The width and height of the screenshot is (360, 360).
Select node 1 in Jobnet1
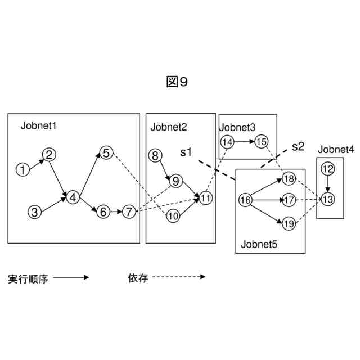click(x=22, y=169)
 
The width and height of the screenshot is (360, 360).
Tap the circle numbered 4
click(x=73, y=197)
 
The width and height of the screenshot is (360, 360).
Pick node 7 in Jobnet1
click(x=129, y=212)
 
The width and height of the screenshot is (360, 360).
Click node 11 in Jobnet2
click(x=205, y=197)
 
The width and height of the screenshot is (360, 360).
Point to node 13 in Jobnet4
click(x=328, y=199)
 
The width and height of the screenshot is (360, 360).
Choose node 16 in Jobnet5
click(x=245, y=200)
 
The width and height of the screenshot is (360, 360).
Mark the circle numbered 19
click(x=287, y=223)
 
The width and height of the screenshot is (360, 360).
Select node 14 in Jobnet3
click(x=227, y=142)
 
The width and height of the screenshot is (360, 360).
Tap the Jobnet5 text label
click(x=259, y=244)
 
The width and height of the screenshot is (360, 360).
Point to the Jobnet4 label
click(x=336, y=150)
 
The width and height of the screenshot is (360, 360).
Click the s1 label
click(x=186, y=152)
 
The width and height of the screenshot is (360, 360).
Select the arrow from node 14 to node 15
click(x=244, y=142)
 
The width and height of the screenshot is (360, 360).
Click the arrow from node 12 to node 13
click(x=328, y=183)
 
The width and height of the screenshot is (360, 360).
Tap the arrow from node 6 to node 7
click(x=116, y=212)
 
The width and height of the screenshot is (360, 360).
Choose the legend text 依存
click(x=138, y=278)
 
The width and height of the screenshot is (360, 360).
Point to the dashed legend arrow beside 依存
click(x=178, y=277)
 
